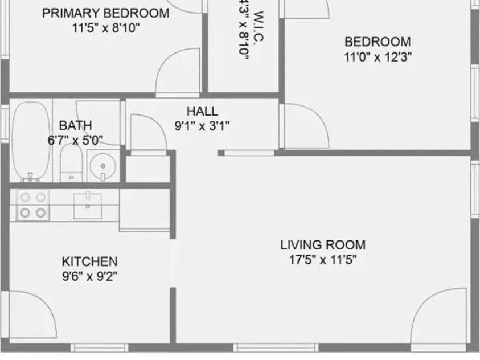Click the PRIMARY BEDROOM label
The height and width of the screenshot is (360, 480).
click(106, 13)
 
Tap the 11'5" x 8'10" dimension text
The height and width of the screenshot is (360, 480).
click(106, 28)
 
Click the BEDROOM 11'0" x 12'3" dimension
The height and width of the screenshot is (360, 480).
click(378, 56)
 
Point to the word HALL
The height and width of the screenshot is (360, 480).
click(202, 112)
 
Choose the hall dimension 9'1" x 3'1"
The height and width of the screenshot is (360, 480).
click(202, 126)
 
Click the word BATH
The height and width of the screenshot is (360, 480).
click(75, 126)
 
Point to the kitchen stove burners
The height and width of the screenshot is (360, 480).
click(32, 205)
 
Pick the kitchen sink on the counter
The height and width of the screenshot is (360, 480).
click(88, 205)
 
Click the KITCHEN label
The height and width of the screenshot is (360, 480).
click(89, 261)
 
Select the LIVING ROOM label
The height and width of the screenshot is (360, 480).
click(323, 246)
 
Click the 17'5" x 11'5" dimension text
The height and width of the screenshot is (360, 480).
click(323, 260)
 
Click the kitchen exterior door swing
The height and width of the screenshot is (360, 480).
click(31, 316)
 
